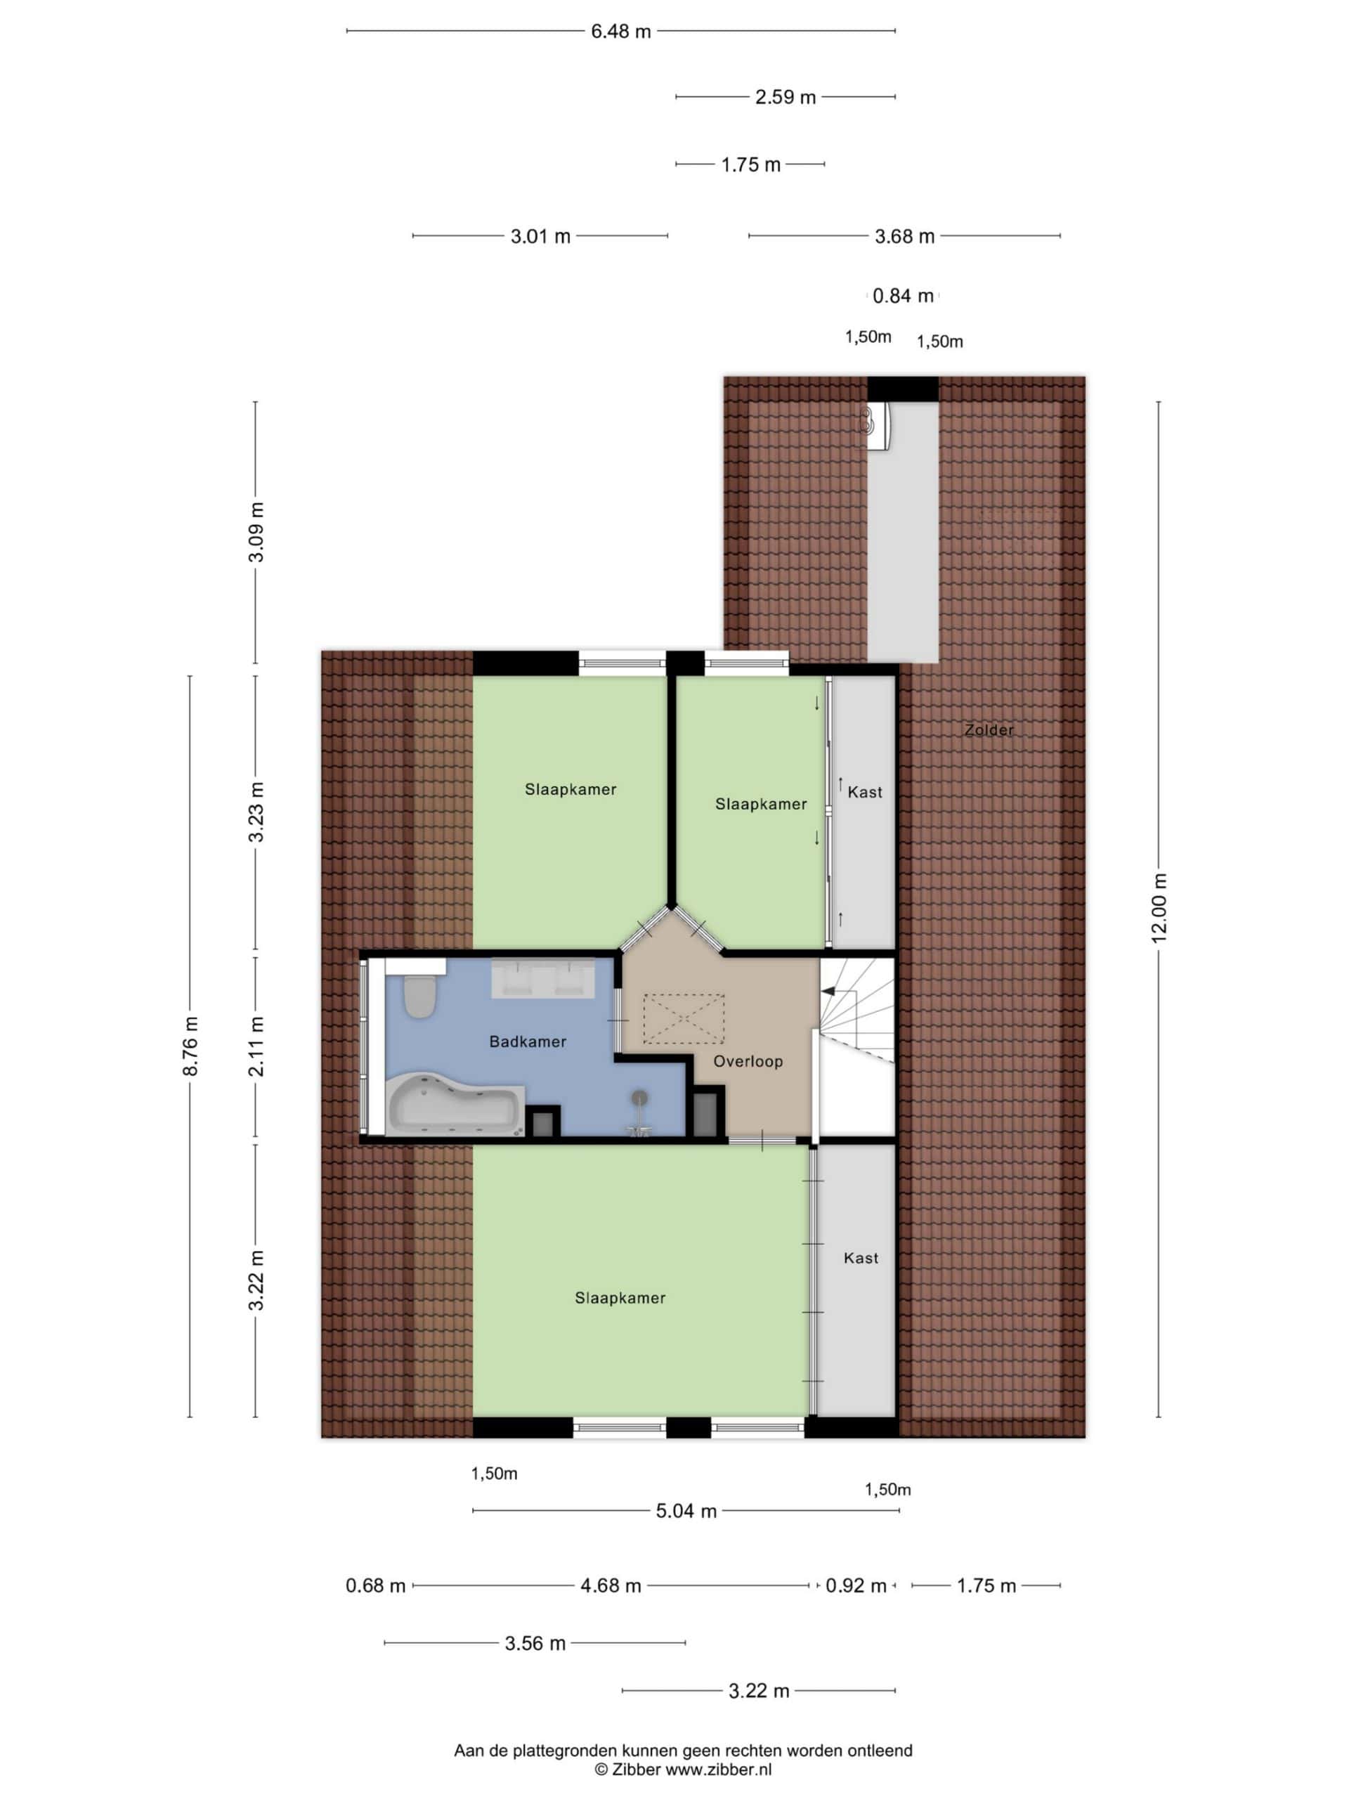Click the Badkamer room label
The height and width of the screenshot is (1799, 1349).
[527, 1041]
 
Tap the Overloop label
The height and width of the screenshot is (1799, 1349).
[748, 1060]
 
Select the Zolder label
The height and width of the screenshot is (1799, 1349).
[989, 729]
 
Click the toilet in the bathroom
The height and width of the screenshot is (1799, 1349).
[420, 996]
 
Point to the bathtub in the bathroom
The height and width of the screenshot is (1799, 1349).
[455, 1103]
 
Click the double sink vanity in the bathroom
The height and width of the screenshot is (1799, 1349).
[542, 978]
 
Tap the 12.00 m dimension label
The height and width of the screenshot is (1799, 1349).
[1158, 909]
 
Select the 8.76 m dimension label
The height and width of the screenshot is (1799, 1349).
[190, 1046]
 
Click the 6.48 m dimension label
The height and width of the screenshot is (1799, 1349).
[620, 32]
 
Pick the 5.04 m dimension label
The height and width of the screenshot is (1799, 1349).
[686, 1511]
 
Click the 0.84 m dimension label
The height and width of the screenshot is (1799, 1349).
[903, 296]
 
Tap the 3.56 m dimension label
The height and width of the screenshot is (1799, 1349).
[535, 1643]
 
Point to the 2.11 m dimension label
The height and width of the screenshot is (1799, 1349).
[256, 1046]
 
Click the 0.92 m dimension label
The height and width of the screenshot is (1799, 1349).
[856, 1585]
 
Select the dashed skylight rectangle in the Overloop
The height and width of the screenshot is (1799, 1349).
[684, 1018]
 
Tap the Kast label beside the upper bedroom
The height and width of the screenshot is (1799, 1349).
[864, 791]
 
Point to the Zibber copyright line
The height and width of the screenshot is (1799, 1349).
[683, 1769]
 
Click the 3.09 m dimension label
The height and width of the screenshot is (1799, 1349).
[256, 532]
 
